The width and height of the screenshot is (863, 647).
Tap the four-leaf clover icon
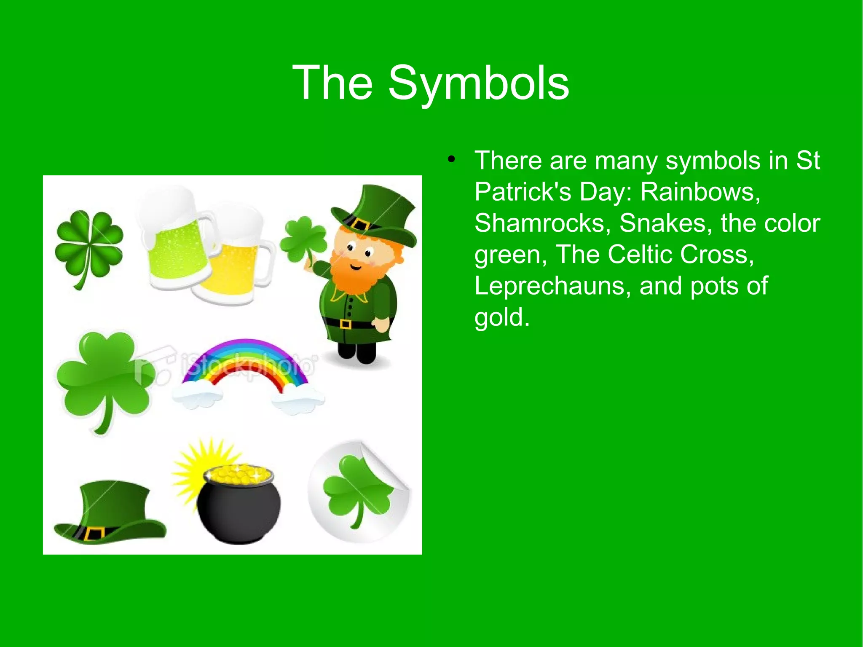[x=88, y=247]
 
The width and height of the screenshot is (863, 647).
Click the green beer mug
[x=177, y=244]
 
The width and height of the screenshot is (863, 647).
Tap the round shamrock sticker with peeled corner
[x=358, y=491]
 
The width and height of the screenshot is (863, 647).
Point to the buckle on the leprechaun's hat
[x=361, y=225]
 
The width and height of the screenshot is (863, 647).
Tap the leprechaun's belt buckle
[x=345, y=324]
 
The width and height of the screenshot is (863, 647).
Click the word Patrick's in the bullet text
[x=523, y=192]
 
